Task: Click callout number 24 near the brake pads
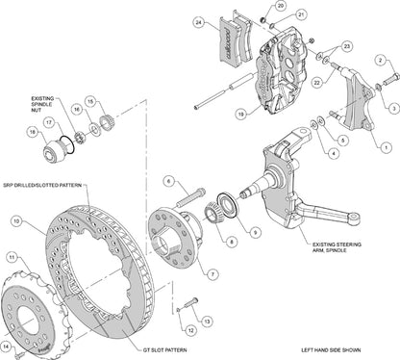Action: (197, 21)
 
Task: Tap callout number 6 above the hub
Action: (167, 180)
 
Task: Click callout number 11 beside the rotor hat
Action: (12, 257)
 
